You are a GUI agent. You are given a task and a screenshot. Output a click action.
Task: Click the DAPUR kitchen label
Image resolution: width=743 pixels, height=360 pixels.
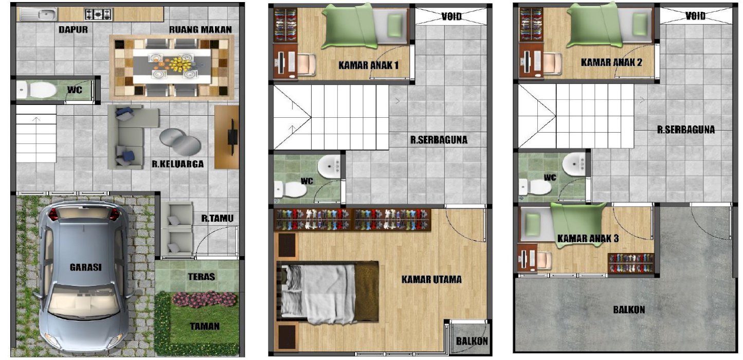point(74,29)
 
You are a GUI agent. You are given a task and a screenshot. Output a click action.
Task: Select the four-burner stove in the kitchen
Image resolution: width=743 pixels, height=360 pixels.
point(99,14)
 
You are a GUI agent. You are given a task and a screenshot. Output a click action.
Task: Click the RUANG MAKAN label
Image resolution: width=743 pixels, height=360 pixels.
point(201,29)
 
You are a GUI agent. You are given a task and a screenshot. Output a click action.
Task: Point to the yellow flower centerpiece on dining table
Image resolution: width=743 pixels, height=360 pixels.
point(181,64)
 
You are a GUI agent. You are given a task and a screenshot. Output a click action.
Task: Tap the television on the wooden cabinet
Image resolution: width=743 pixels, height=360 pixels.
point(232,137)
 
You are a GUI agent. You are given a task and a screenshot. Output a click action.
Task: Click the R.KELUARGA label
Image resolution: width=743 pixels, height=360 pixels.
point(178,164)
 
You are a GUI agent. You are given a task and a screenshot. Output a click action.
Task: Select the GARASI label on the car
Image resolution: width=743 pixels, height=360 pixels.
point(85,267)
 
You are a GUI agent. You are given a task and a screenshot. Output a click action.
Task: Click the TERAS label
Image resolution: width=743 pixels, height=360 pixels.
point(202,276)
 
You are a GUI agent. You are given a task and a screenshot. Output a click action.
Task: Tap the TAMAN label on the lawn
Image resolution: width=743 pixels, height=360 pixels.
point(205,326)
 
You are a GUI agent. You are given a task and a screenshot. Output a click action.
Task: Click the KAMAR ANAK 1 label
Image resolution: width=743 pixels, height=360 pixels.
point(369,65)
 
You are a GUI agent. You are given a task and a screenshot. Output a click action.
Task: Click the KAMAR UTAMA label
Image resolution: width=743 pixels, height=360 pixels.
point(431,279)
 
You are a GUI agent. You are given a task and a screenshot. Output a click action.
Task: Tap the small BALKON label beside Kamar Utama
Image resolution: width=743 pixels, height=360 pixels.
point(472,341)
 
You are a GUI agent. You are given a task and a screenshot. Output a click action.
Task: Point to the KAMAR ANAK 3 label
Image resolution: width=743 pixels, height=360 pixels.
point(588,238)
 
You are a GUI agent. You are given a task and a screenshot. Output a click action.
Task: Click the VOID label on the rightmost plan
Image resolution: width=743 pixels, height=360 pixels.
point(696,15)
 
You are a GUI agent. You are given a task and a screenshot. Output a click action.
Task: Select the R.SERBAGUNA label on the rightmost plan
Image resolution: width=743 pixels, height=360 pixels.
point(686,130)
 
